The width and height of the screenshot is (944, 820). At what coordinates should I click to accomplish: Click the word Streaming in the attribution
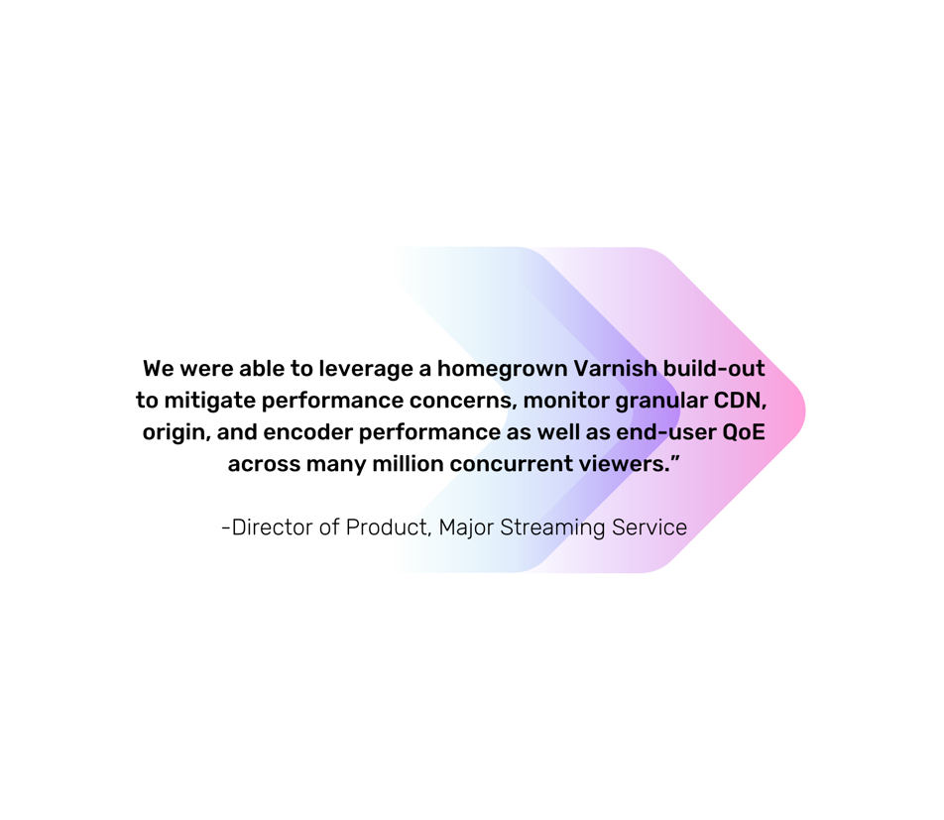pos(552,528)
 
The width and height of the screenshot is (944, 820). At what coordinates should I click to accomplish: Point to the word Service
pos(649,527)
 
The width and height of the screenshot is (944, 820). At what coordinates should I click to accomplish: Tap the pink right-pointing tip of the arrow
pos(798,410)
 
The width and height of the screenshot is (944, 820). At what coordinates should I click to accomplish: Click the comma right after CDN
pos(764,408)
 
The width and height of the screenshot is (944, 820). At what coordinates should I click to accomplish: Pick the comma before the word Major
pos(429,533)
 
